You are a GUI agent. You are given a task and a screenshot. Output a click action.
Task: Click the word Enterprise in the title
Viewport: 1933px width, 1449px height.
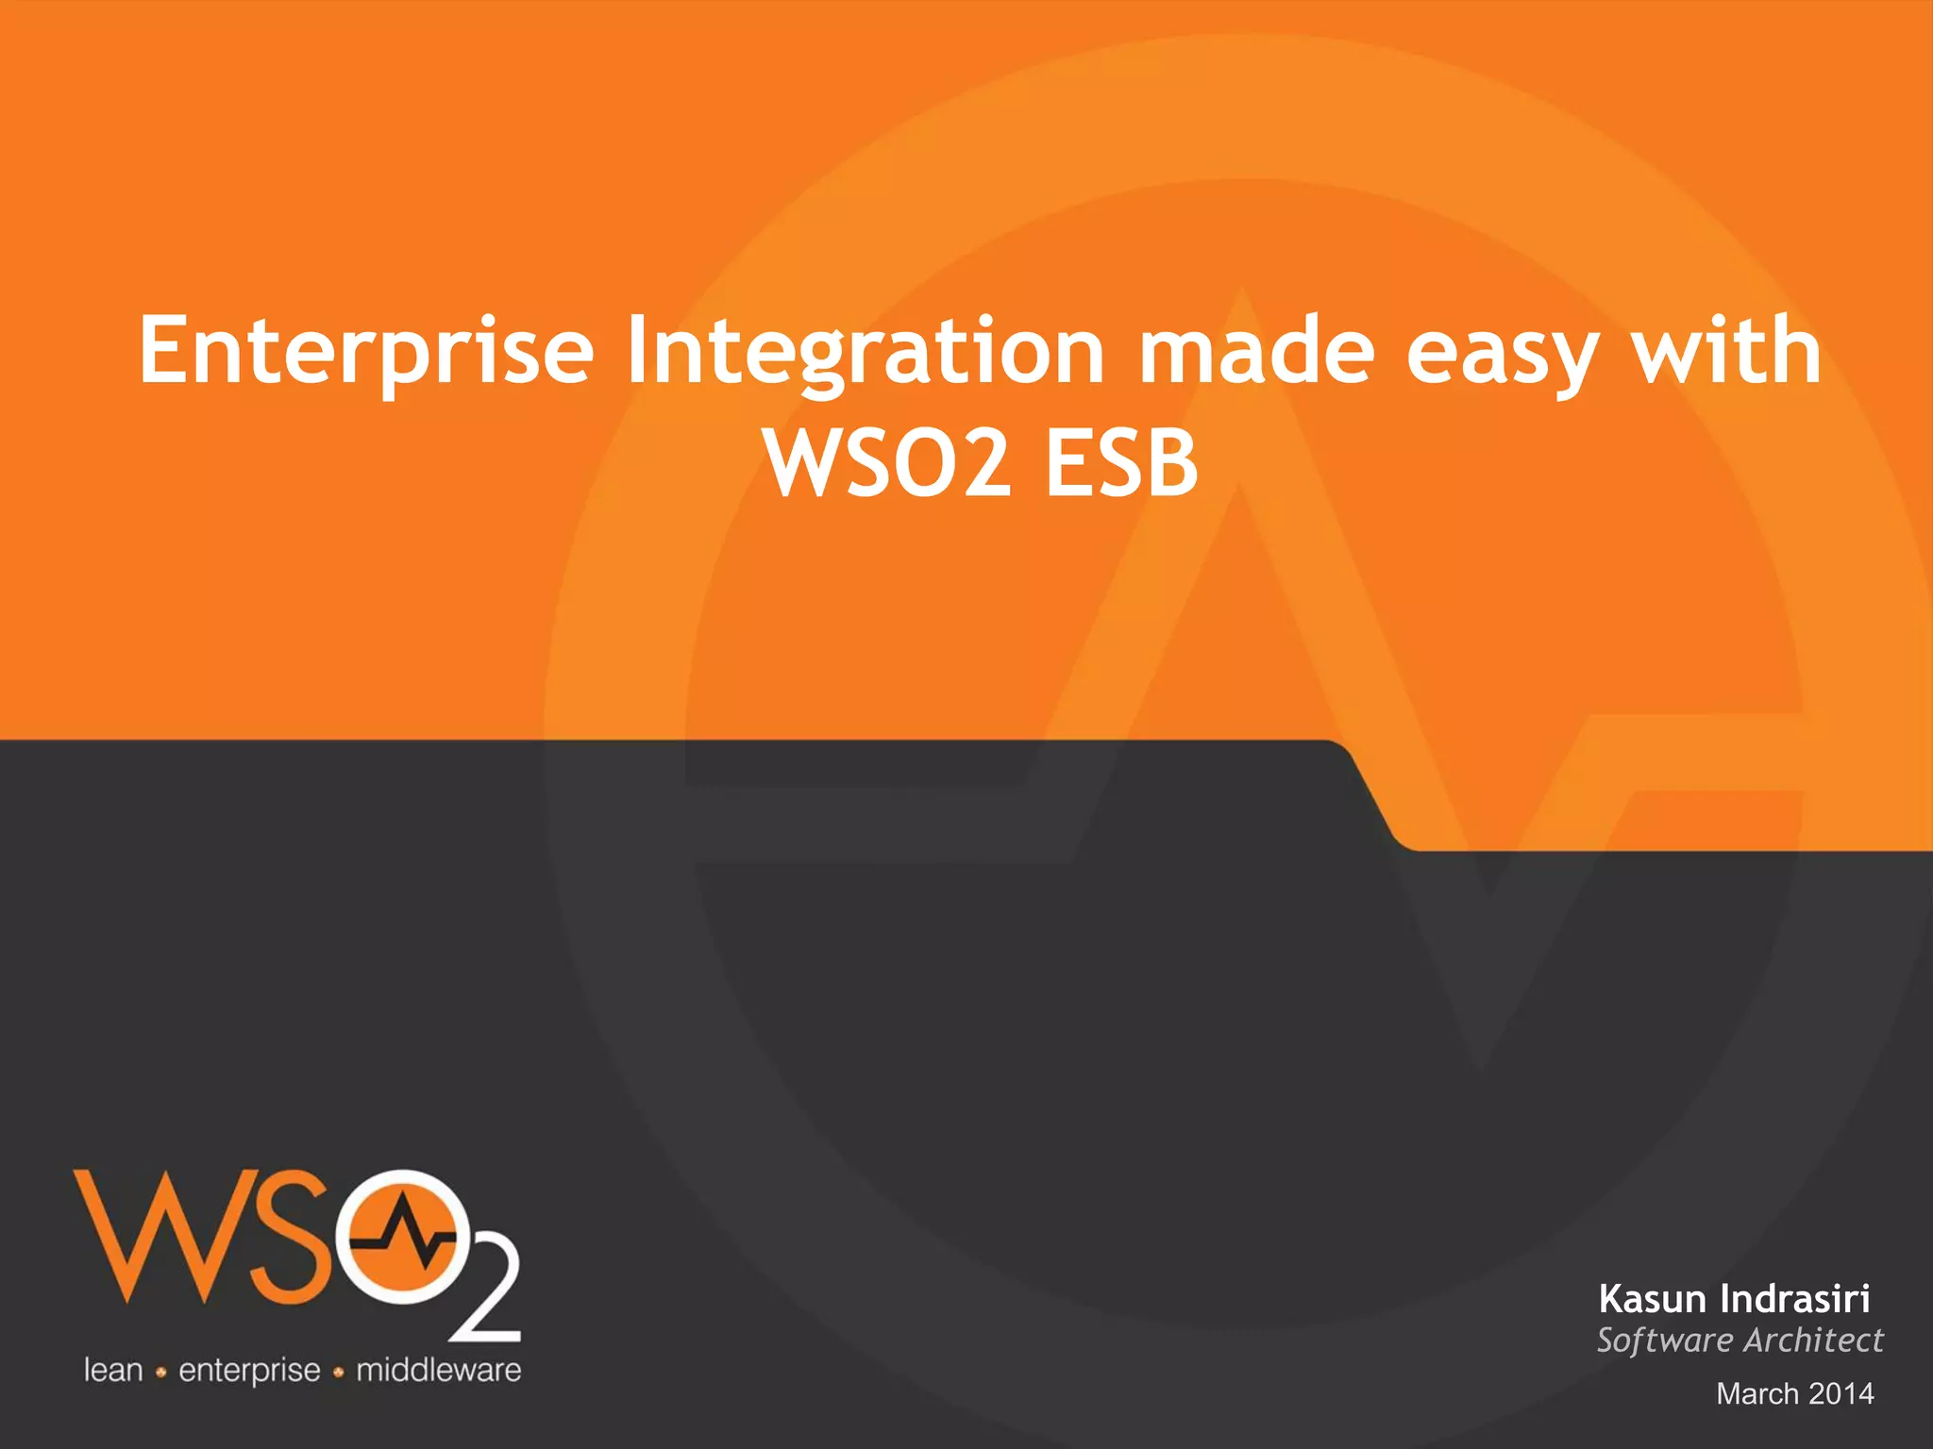point(366,351)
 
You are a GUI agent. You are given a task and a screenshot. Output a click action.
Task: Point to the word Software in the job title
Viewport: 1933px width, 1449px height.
point(1665,1341)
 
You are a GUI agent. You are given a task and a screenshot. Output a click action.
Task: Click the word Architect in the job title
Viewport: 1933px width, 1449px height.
point(1812,1341)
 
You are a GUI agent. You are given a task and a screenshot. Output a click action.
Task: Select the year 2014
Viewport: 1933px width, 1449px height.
point(1841,1393)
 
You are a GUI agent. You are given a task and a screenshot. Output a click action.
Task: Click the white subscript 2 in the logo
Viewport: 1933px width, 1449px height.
point(484,1298)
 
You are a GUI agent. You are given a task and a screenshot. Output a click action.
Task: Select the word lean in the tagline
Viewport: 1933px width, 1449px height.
point(113,1370)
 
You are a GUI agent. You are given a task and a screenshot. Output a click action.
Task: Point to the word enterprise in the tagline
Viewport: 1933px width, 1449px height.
point(249,1371)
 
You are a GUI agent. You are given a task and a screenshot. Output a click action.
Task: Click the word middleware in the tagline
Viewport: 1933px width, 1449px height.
point(438,1370)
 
